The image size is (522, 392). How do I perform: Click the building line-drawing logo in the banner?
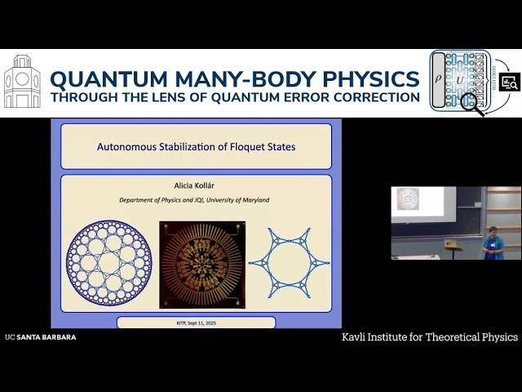pos(23,82)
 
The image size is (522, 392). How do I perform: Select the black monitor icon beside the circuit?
pos(510,82)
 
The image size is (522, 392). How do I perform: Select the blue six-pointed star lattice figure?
pos(289,262)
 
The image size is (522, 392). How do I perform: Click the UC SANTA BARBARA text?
pos(40,337)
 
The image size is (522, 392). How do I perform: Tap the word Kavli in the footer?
pos(356,337)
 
